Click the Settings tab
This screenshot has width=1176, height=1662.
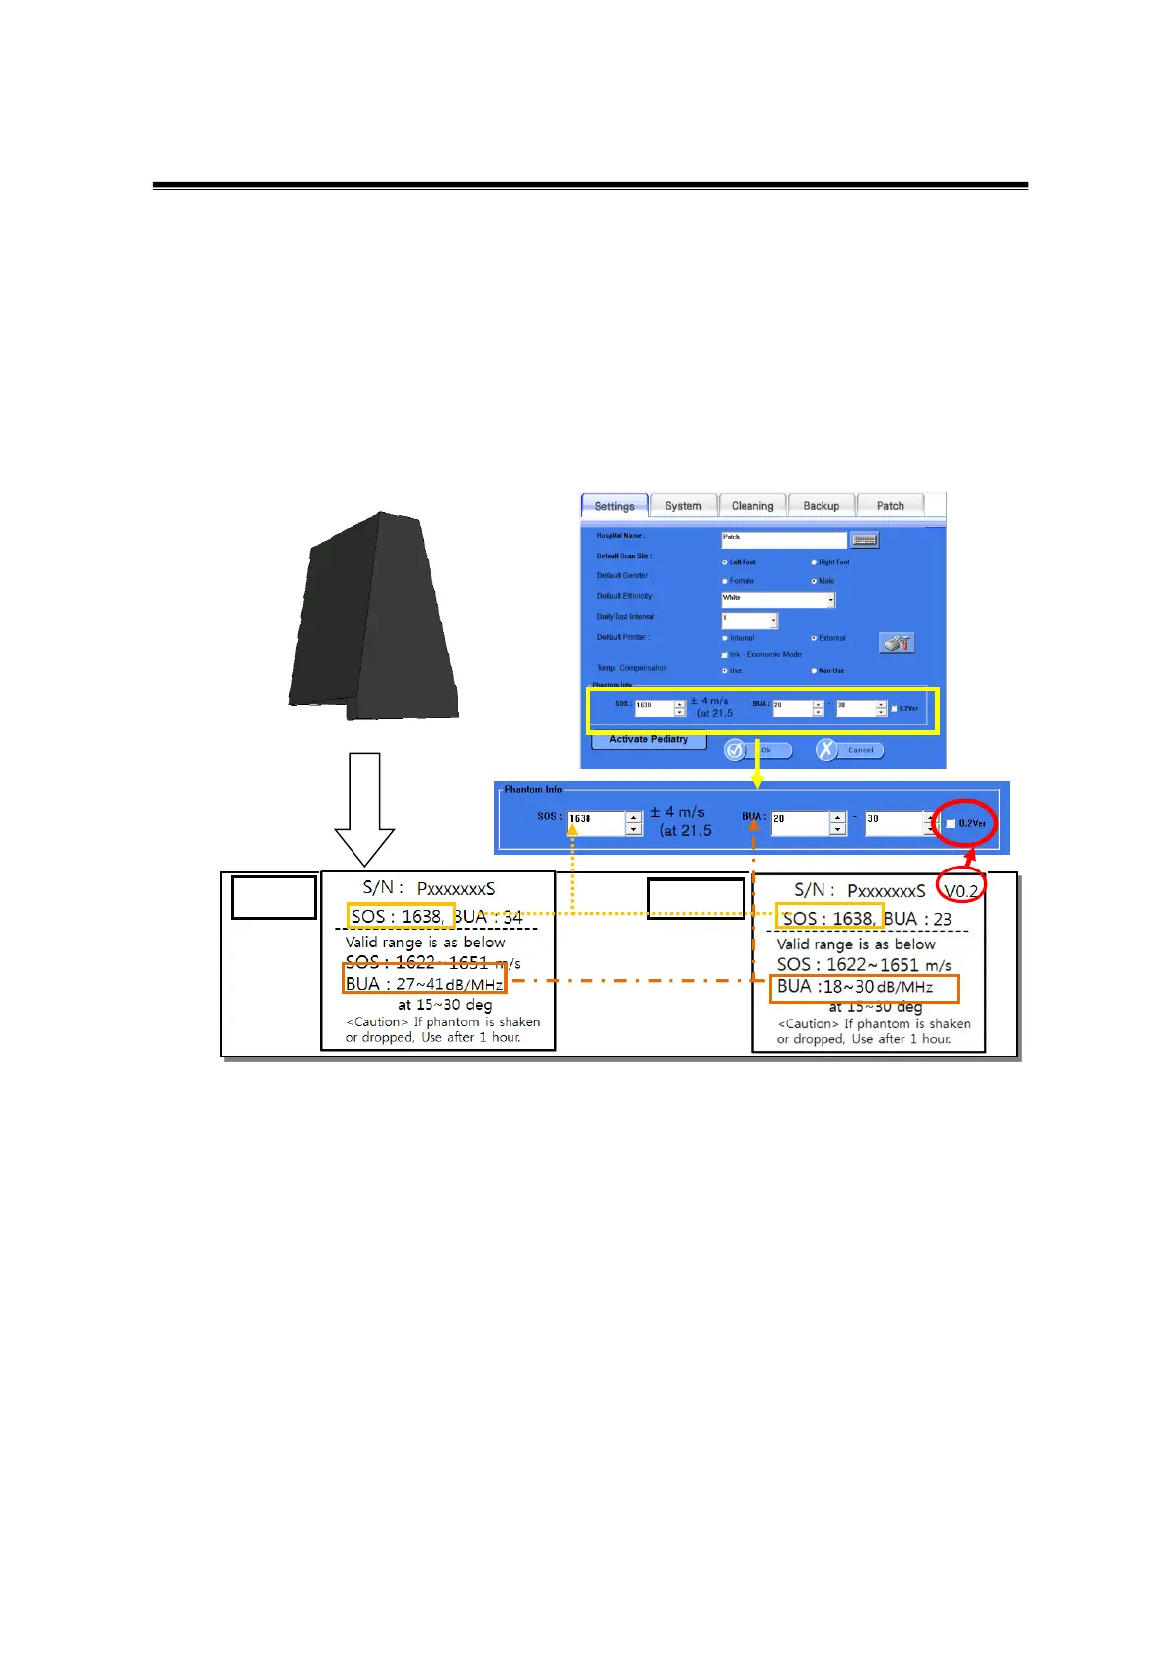(x=614, y=506)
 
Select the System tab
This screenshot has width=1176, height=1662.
(x=683, y=506)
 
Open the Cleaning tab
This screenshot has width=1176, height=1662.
(x=752, y=506)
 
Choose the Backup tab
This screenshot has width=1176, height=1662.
(x=821, y=506)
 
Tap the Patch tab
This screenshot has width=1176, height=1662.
(x=890, y=506)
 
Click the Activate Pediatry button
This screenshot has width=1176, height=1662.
(x=649, y=740)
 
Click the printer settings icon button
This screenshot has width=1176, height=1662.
(x=897, y=643)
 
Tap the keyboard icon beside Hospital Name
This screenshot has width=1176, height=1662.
(x=864, y=539)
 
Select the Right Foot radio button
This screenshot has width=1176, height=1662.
(x=814, y=562)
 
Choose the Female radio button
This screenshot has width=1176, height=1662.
(x=725, y=581)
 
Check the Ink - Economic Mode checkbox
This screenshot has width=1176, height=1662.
(x=724, y=655)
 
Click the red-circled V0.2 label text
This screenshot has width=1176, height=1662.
(x=961, y=891)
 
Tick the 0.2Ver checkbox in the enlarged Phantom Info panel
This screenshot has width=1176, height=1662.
(x=950, y=823)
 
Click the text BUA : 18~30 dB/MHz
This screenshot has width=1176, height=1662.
(x=855, y=987)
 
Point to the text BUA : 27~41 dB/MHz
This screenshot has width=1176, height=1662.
(x=424, y=984)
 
